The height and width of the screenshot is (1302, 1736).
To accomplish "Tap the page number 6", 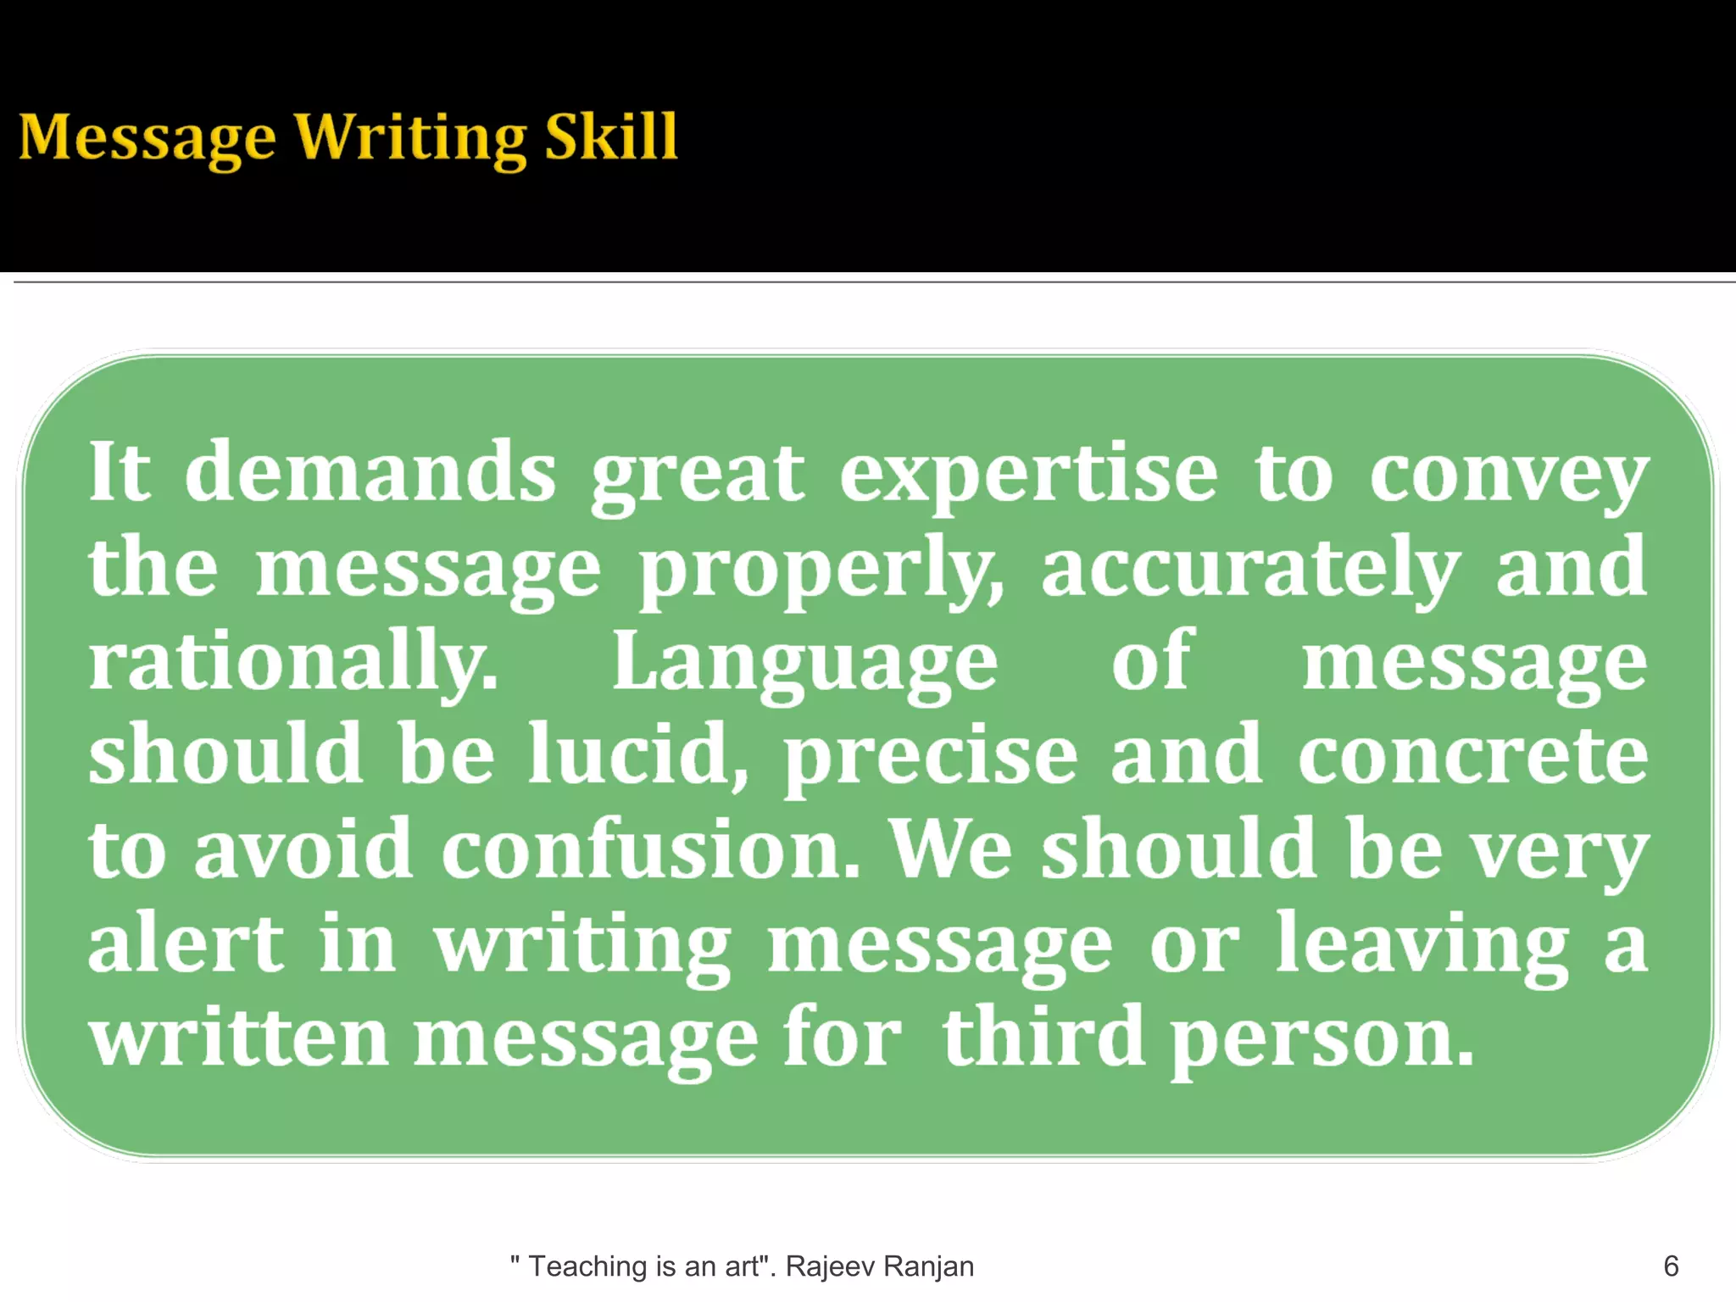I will tap(1671, 1266).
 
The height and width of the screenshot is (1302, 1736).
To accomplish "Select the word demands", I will tap(370, 471).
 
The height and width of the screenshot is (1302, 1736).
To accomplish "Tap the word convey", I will tap(1509, 475).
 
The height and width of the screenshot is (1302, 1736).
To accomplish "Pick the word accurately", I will tap(1250, 568).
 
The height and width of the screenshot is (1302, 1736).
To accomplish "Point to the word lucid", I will tap(636, 754).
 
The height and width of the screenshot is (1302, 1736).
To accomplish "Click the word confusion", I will tap(650, 849).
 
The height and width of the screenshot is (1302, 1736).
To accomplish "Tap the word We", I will tap(950, 849).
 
